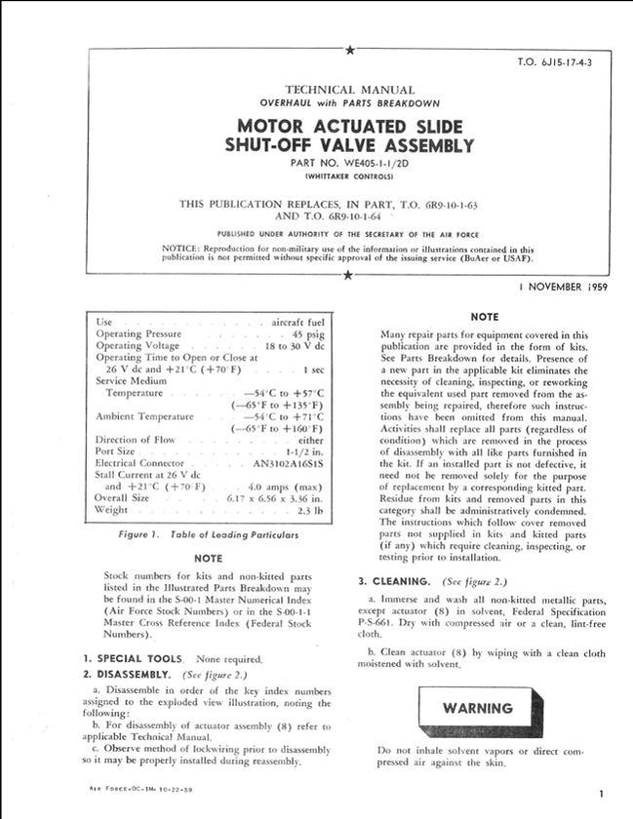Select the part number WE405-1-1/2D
pos(348,163)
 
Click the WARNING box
pos(477,709)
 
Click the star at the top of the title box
pos(349,50)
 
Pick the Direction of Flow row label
pos(136,440)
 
